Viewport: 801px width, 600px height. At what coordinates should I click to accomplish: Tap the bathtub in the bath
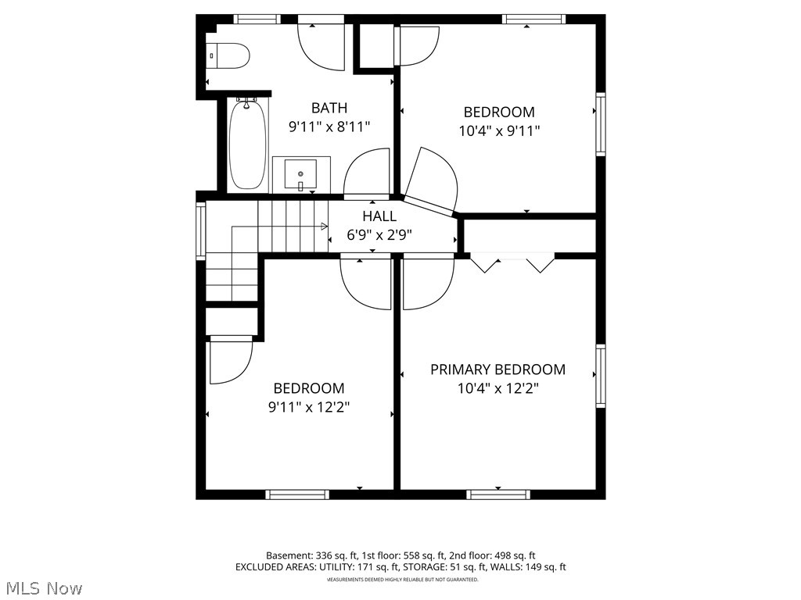point(247,144)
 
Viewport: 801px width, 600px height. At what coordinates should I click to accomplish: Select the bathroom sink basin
point(300,173)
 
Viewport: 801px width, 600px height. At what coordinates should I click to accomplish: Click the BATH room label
point(329,108)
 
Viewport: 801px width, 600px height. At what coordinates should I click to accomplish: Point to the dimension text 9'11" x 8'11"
point(329,126)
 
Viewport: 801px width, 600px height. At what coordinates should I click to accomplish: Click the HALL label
point(379,216)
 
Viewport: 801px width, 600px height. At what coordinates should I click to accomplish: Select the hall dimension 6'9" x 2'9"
point(379,234)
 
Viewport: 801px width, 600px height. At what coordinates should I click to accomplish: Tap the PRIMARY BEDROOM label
point(497,370)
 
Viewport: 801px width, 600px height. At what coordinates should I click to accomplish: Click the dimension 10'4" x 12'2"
point(497,387)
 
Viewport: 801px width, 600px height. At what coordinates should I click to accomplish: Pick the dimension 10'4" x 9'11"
point(498,130)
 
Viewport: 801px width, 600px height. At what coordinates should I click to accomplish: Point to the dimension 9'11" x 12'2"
point(308,406)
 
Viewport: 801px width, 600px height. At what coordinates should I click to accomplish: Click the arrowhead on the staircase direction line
point(323,227)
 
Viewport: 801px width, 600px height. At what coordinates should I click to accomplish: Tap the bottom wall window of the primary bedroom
point(498,494)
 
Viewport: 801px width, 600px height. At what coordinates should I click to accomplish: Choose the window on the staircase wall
point(200,230)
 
